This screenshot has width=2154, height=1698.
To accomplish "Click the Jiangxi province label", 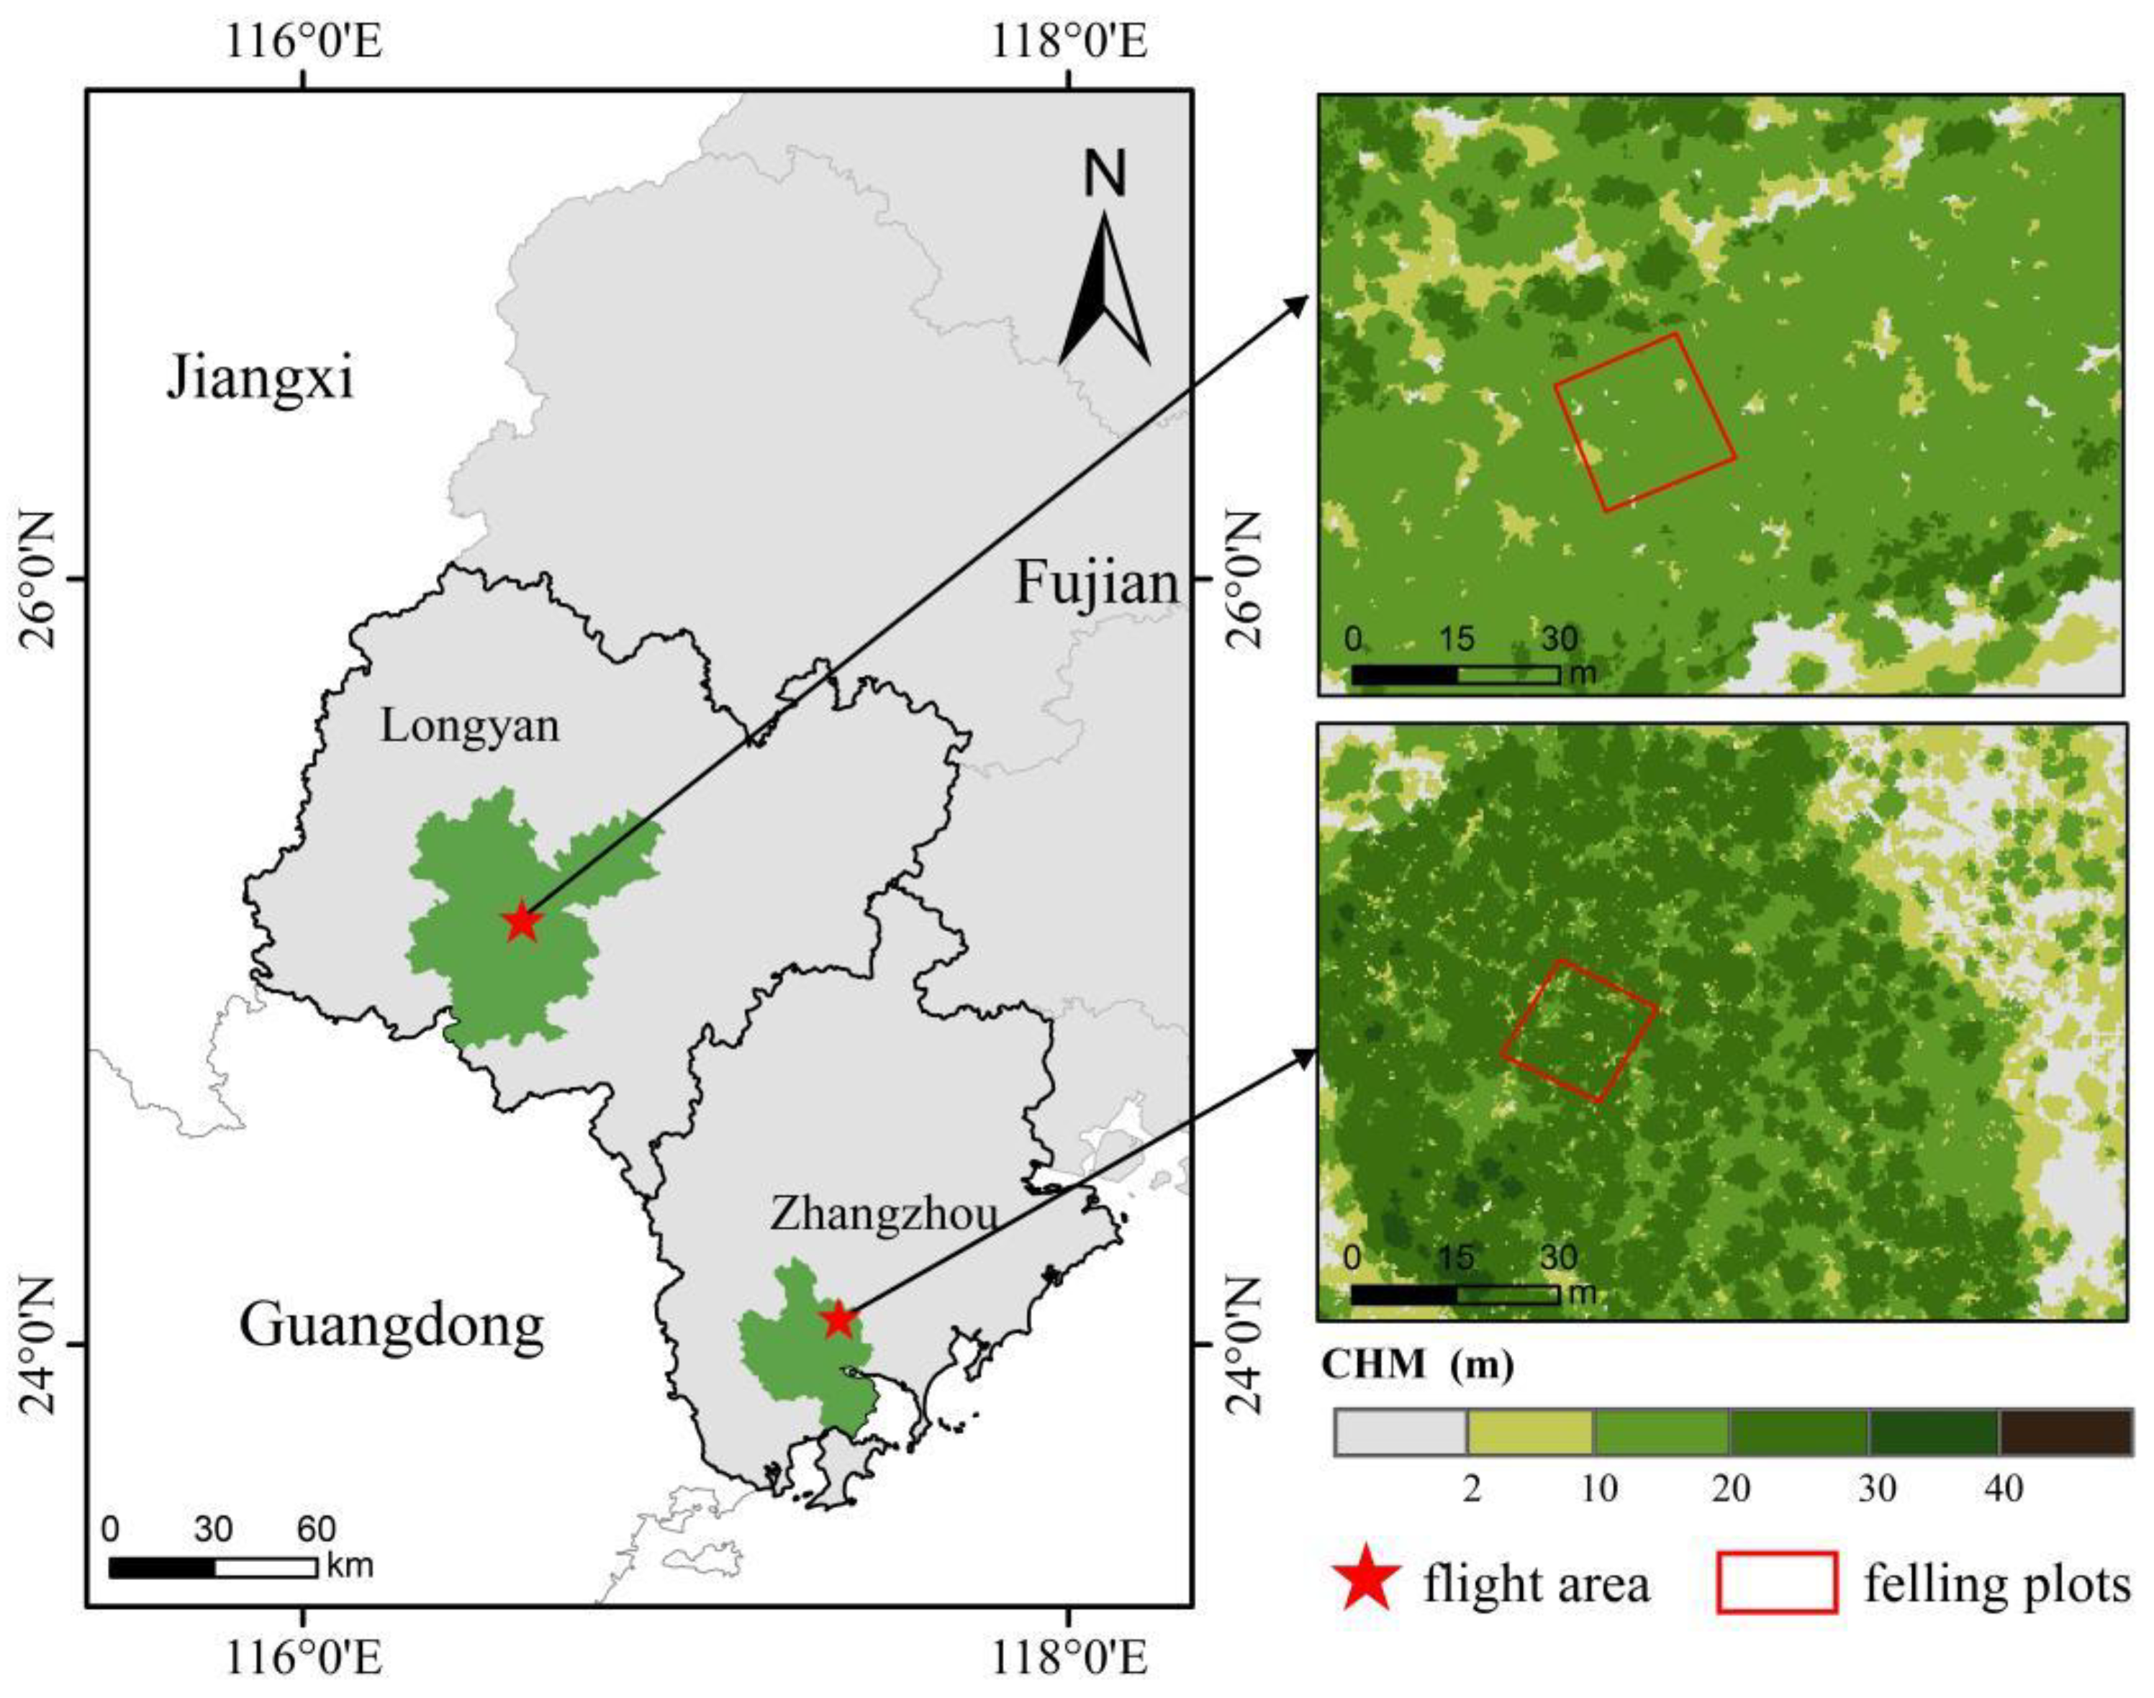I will pyautogui.click(x=260, y=378).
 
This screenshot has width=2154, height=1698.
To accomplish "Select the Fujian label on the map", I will pyautogui.click(x=1096, y=584).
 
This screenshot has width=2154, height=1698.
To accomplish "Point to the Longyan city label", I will pyautogui.click(x=469, y=727).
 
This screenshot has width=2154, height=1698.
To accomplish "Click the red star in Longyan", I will pyautogui.click(x=522, y=922).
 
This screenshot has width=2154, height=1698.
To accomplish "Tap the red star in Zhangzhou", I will pyautogui.click(x=838, y=1320).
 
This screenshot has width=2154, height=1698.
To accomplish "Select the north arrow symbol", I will pyautogui.click(x=1104, y=289).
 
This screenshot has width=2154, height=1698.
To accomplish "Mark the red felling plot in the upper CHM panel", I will pyautogui.click(x=1645, y=422).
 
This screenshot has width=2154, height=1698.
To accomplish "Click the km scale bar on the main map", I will pyautogui.click(x=212, y=1568).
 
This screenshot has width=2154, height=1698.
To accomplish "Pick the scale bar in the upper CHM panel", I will pyautogui.click(x=1455, y=675).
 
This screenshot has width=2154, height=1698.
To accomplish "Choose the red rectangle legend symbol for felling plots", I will pyautogui.click(x=1776, y=1581).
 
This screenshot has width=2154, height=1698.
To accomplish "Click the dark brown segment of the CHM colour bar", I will pyautogui.click(x=2065, y=1433).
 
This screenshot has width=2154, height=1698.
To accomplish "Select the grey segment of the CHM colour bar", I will pyautogui.click(x=1400, y=1433).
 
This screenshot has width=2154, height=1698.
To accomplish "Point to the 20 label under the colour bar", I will pyautogui.click(x=1732, y=1488).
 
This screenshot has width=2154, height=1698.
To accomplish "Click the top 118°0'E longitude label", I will pyautogui.click(x=1069, y=42).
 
